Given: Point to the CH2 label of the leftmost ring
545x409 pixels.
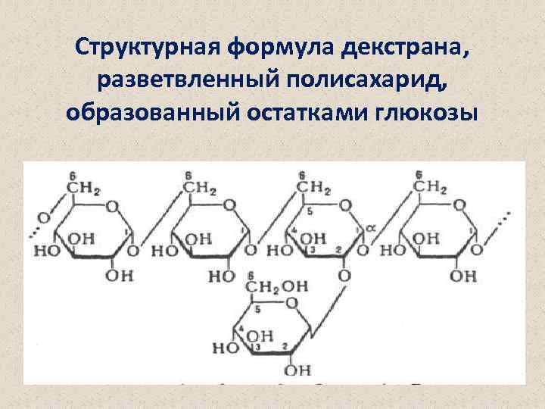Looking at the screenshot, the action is [x=86, y=188].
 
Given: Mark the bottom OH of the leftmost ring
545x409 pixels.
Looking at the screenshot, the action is [x=119, y=276].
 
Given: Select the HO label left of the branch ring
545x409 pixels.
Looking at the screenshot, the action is [x=224, y=349].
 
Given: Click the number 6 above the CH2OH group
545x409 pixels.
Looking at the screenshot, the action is [x=251, y=274].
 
